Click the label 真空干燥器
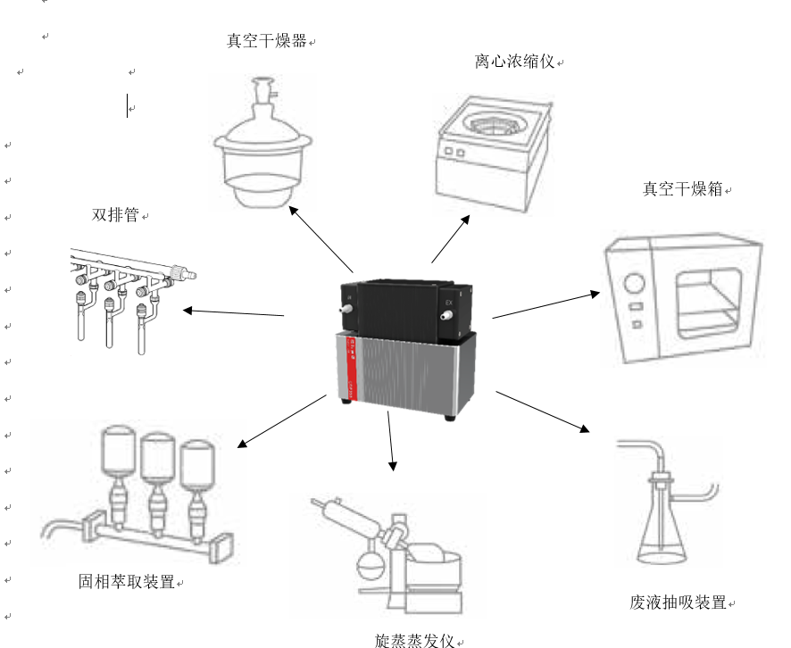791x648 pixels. pyautogui.click(x=267, y=41)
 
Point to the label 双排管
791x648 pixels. pyautogui.click(x=116, y=215)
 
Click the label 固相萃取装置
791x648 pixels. pyautogui.click(x=126, y=583)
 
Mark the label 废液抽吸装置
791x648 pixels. pyautogui.click(x=678, y=602)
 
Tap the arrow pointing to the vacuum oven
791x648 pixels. pyautogui.click(x=545, y=304)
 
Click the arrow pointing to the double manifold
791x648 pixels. pyautogui.click(x=234, y=312)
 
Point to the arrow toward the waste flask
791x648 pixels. pyautogui.click(x=543, y=411)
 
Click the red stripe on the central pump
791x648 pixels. pyautogui.click(x=350, y=366)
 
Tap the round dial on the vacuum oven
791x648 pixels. pyautogui.click(x=634, y=285)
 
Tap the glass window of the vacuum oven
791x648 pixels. pyautogui.click(x=711, y=299)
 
